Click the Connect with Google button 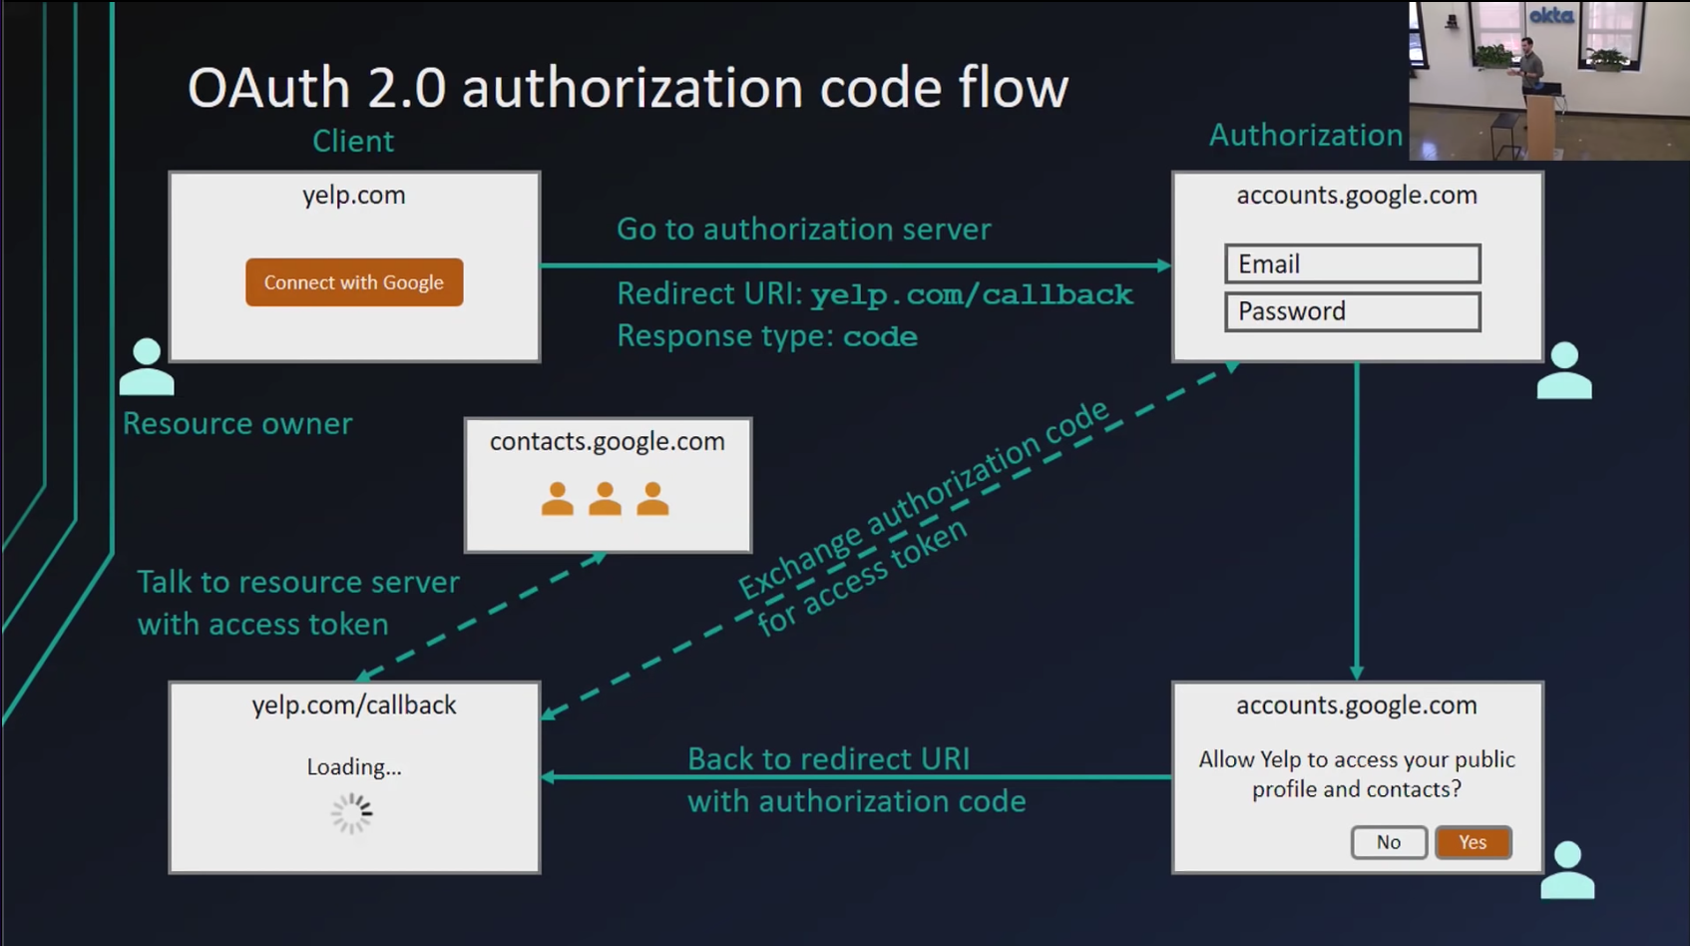[x=354, y=282]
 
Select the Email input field [x=1353, y=264]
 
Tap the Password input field [x=1353, y=311]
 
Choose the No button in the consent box [x=1389, y=842]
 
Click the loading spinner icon [x=351, y=813]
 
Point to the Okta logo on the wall [x=1551, y=15]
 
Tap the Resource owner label [x=236, y=424]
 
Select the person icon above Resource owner [x=147, y=366]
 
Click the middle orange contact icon [x=606, y=499]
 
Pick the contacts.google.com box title [x=608, y=442]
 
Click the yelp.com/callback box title [x=354, y=706]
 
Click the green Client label [x=353, y=141]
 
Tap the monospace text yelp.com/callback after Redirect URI [x=972, y=294]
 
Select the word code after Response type [x=880, y=336]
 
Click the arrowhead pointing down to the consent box [x=1357, y=673]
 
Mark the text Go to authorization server [x=803, y=230]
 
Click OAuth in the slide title [x=268, y=88]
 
